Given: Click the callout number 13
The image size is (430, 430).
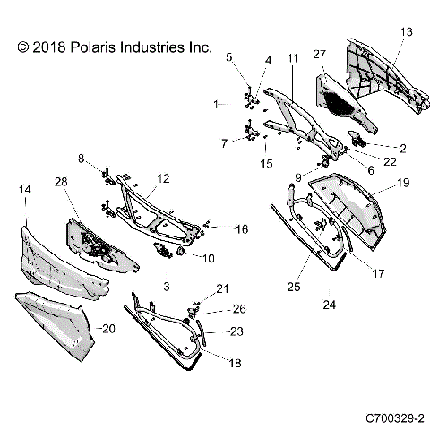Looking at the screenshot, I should click(407, 32).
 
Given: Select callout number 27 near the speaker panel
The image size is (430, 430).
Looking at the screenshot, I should click(319, 55).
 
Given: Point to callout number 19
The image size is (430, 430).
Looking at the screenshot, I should click(403, 183).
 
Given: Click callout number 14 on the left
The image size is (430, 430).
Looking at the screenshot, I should click(25, 190).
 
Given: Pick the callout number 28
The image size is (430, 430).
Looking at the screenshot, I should click(62, 183).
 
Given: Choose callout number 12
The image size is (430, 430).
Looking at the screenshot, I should click(163, 179).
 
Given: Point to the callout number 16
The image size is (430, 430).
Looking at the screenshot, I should click(241, 229).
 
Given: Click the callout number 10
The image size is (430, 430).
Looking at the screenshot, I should click(208, 259).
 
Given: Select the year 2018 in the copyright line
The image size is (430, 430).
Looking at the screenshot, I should click(43, 46).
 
